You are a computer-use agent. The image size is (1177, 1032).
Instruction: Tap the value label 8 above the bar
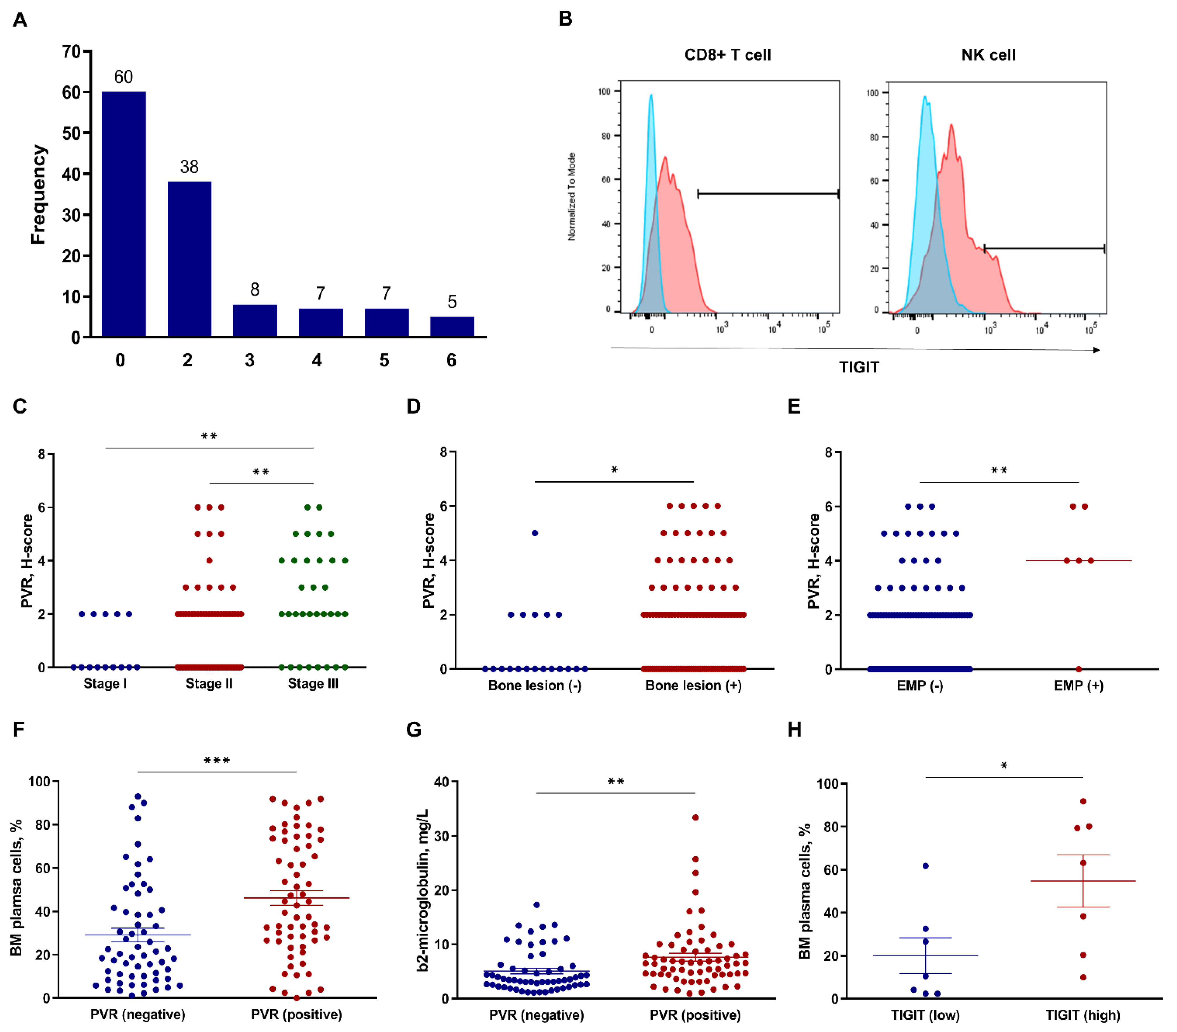coord(254,289)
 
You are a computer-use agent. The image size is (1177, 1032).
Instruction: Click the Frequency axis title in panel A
coord(38,195)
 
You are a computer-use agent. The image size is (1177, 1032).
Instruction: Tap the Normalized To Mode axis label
coord(572,196)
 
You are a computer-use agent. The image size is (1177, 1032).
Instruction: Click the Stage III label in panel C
coord(313,684)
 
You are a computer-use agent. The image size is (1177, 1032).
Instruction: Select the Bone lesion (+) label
coord(693,685)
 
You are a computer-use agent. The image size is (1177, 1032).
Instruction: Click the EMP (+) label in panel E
coord(1078,685)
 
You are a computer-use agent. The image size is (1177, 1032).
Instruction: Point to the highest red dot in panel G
coord(695,817)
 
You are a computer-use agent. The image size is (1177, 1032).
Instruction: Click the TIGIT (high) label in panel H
coord(1082,1015)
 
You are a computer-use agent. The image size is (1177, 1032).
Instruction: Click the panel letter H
coord(794,730)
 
